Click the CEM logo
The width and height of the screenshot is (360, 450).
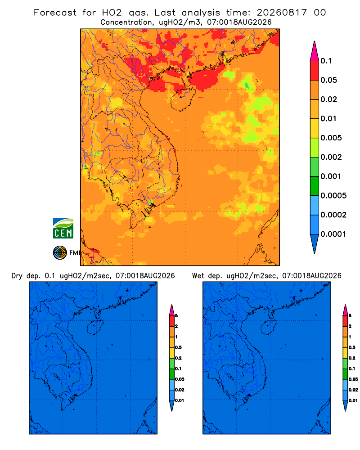63,229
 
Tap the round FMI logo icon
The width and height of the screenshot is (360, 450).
60,252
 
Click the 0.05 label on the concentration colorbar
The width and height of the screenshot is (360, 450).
328,80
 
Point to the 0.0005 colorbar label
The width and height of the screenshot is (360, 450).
333,196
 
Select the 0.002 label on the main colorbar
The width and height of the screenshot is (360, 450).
331,157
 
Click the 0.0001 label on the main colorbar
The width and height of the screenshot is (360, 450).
333,234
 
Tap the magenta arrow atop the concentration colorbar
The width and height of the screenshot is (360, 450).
315,51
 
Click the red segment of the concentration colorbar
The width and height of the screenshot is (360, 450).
315,71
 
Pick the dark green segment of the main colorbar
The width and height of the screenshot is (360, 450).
315,186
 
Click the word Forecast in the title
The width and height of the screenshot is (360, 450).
55,13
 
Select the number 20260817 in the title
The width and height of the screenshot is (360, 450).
282,13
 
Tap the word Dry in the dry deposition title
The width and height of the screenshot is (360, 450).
17,276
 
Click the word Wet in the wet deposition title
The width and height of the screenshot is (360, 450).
198,276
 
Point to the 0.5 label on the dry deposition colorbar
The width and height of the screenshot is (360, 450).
178,347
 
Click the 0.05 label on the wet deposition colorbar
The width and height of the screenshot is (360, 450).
353,379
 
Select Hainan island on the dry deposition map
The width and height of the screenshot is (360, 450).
95,327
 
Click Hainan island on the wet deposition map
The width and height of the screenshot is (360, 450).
269,327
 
